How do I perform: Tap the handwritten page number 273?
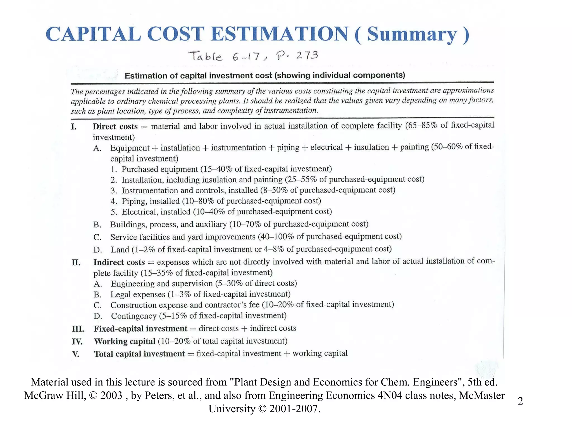(x=307, y=55)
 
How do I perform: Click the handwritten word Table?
(x=206, y=56)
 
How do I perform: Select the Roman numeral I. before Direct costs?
(x=74, y=127)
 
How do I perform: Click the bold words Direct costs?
(x=115, y=127)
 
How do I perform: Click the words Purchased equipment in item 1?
(x=160, y=169)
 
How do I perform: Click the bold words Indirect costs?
(x=119, y=262)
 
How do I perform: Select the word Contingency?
(x=134, y=316)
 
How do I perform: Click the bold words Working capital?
(x=125, y=341)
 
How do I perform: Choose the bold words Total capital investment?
(x=139, y=354)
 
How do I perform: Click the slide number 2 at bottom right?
(x=520, y=401)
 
